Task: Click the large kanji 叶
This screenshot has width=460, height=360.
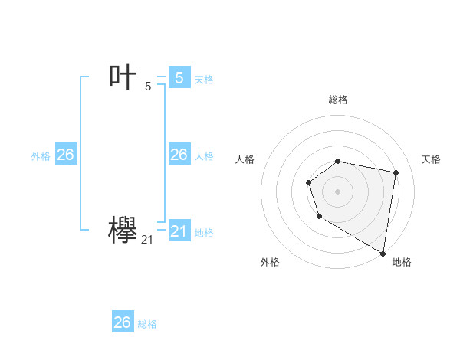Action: pos(123,77)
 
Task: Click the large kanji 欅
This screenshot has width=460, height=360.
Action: pos(123,230)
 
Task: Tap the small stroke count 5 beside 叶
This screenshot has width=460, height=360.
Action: pos(148,87)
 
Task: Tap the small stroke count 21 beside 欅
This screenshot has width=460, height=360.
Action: pos(147,240)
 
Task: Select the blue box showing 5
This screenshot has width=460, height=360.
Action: pos(179,77)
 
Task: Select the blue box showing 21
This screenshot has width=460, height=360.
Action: pos(179,231)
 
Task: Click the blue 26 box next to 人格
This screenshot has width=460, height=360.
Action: pos(179,155)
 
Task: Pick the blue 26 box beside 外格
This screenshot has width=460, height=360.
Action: pos(65,155)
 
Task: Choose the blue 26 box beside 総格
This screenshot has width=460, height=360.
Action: pos(123,322)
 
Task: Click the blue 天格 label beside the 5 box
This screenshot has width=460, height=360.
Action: pos(204,80)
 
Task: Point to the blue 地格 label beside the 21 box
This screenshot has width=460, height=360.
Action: pos(204,233)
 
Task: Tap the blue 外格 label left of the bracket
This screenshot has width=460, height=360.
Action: pos(41,156)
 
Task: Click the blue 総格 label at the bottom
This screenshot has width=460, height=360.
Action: pos(147,324)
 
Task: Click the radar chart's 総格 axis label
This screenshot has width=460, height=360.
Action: pos(338,100)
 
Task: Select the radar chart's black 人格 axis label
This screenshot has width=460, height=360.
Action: pos(245,159)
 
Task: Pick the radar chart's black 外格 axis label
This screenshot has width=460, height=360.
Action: pos(270,262)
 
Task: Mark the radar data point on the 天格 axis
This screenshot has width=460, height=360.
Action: pos(396,172)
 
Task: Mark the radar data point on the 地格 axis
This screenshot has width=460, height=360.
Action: pos(383,253)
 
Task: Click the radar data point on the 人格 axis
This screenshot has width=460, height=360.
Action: pos(308,182)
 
